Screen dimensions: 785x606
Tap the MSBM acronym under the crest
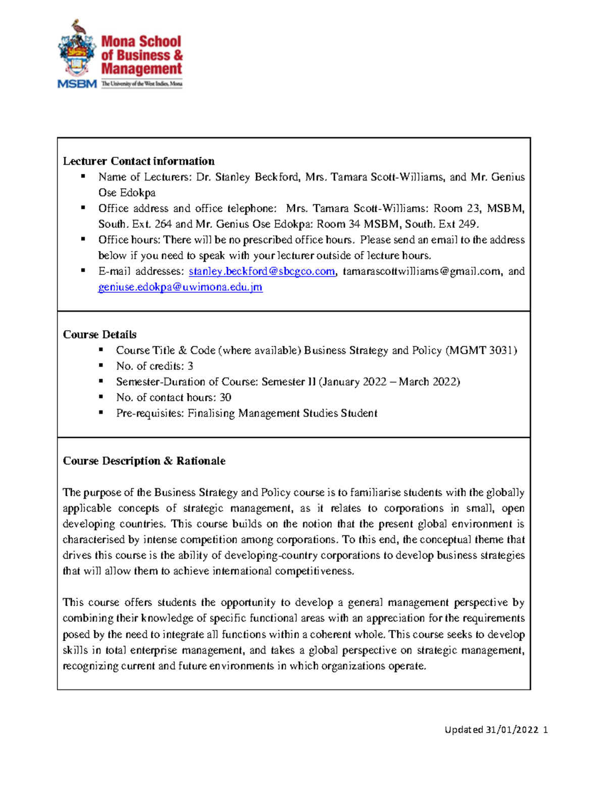pos(77,84)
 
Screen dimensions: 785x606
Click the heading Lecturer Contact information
pos(138,161)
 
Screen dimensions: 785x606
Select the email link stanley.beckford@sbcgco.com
pos(262,271)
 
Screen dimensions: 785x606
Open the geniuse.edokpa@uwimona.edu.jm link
pos(180,287)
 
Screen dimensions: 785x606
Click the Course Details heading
pos(99,335)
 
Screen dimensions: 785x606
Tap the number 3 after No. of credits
pos(190,366)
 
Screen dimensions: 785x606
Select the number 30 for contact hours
pos(225,397)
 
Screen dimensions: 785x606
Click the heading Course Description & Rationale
pos(144,461)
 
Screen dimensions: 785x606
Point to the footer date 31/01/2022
pos(512,729)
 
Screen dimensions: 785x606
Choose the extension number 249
pos(467,224)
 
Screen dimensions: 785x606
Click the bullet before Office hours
pos(83,239)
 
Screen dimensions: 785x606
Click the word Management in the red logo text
pos(141,69)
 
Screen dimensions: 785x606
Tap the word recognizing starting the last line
pos(90,666)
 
